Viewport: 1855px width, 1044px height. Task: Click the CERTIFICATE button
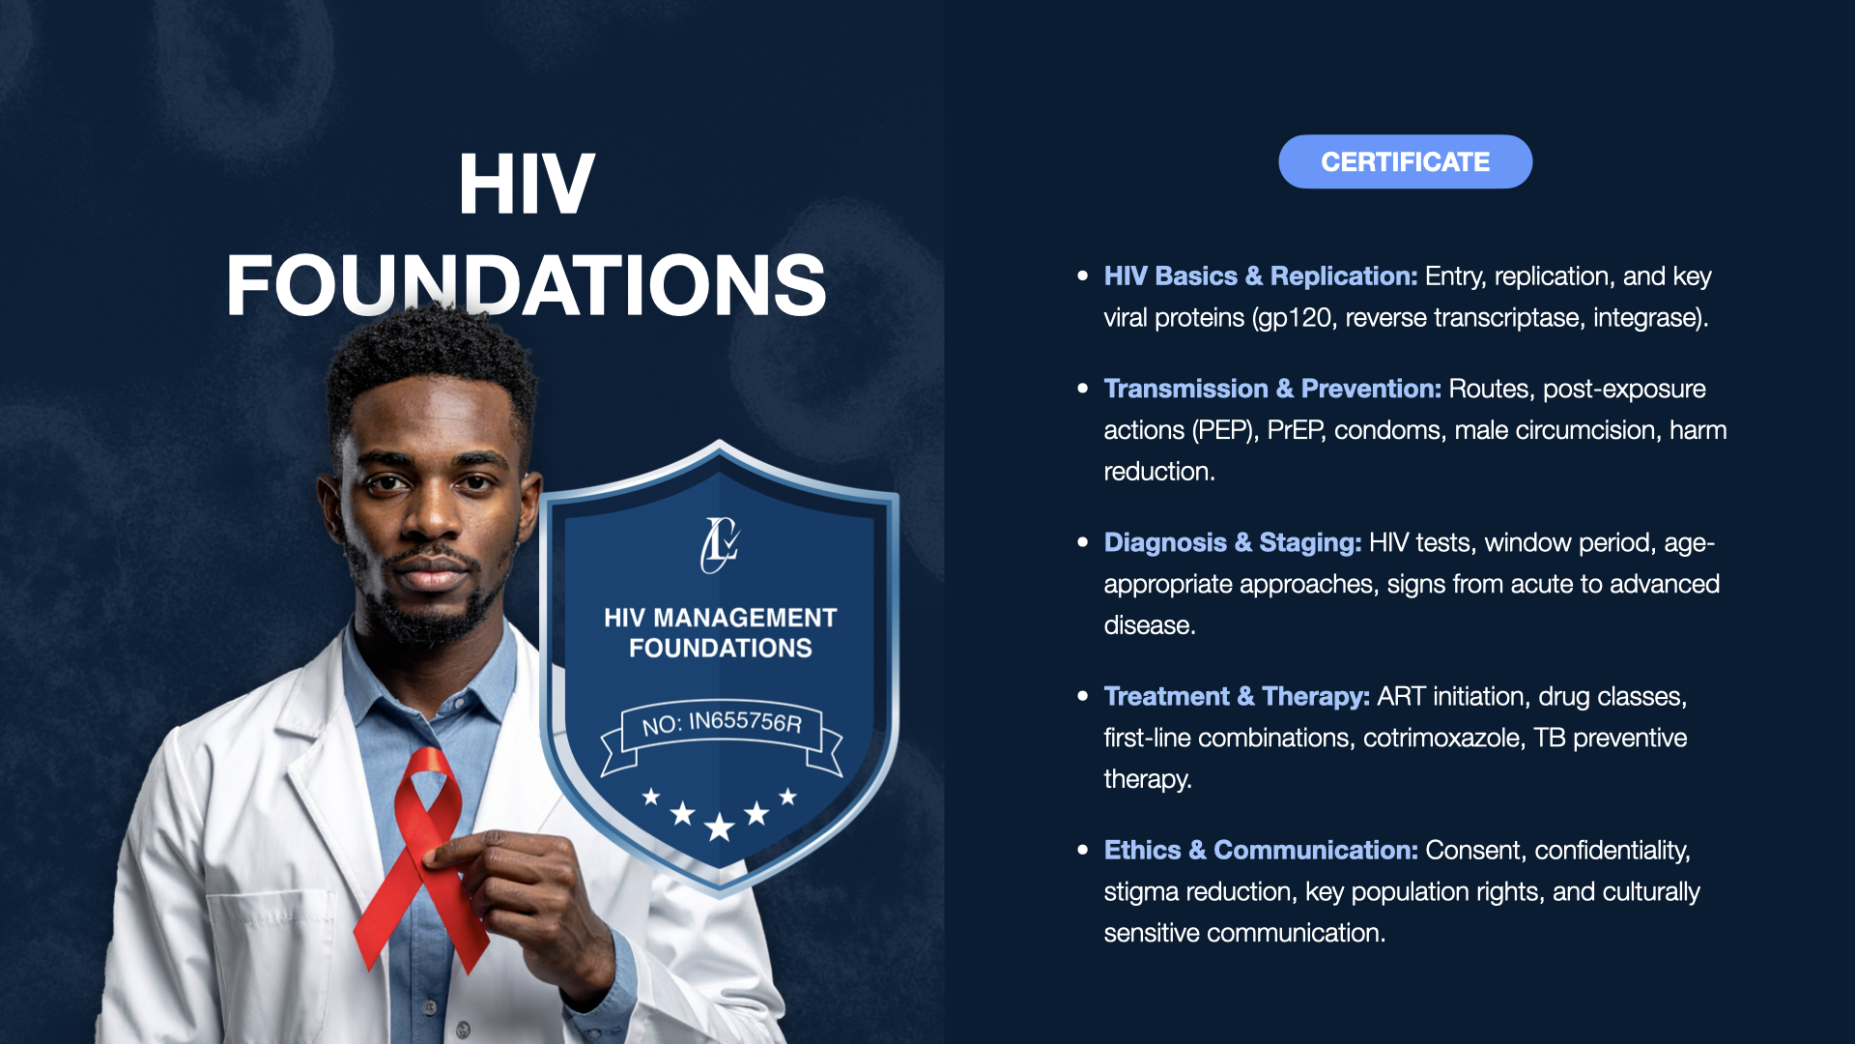(x=1405, y=161)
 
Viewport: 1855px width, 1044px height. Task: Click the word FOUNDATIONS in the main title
(x=527, y=285)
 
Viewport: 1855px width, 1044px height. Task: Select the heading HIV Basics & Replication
(x=1261, y=276)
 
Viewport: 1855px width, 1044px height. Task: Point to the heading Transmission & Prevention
(x=1272, y=389)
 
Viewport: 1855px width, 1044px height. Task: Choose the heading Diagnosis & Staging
(x=1233, y=543)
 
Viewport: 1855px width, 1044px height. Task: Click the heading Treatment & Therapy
(x=1237, y=697)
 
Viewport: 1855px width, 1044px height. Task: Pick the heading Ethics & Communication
(x=1261, y=851)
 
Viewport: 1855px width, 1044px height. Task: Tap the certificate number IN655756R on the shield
(x=745, y=722)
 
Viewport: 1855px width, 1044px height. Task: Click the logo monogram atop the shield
(x=720, y=544)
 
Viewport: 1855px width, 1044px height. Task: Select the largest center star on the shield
(x=720, y=827)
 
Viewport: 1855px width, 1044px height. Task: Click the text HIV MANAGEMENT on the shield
(x=721, y=618)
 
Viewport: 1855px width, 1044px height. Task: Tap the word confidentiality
(x=1612, y=851)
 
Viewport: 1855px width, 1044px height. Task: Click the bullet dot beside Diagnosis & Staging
(x=1082, y=542)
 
